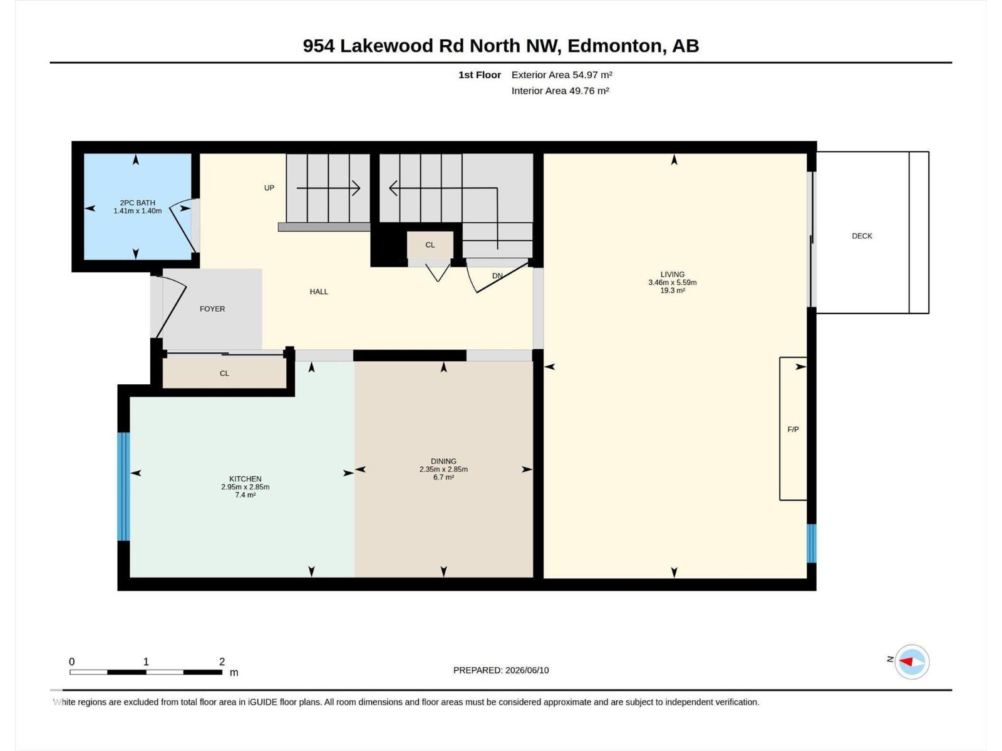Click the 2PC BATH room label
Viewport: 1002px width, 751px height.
point(137,203)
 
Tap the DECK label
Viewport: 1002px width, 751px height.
point(862,236)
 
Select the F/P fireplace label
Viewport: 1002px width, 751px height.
point(793,429)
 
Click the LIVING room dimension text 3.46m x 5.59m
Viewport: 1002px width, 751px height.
point(673,283)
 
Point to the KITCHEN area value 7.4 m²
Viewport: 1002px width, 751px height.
point(245,495)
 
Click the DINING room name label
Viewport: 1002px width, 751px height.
point(443,461)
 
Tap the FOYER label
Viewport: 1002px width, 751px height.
point(212,309)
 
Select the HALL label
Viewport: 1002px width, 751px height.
point(319,292)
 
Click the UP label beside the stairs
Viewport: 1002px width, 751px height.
point(269,188)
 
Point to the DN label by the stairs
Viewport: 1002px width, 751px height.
point(497,276)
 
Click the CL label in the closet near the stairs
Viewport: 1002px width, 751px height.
point(430,245)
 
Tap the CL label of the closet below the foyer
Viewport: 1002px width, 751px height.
point(224,374)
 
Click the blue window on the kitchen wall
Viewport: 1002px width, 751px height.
point(124,486)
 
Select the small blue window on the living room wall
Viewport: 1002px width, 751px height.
point(811,543)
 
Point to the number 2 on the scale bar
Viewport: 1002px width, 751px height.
point(222,662)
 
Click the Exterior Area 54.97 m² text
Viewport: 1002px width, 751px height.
point(562,75)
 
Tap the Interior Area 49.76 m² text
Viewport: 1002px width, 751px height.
point(560,91)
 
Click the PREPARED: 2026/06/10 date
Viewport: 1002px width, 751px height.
point(501,670)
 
